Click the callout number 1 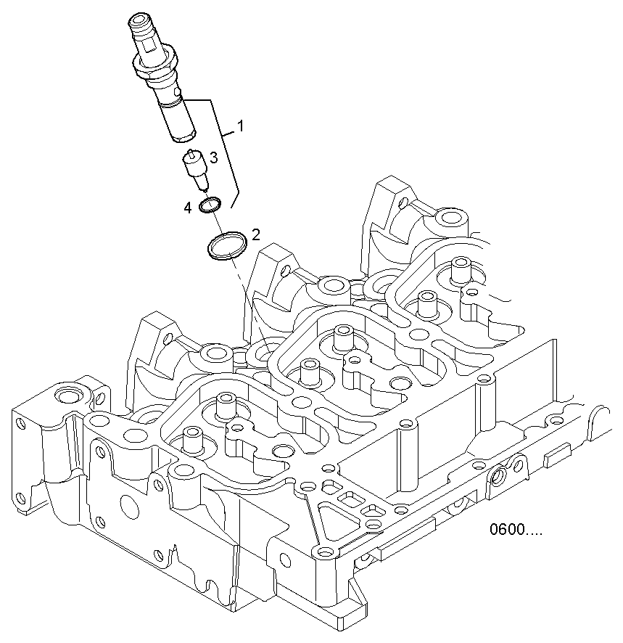pos(240,126)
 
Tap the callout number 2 pos(255,234)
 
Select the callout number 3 pos(214,156)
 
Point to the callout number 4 pos(188,208)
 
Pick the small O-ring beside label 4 pos(210,205)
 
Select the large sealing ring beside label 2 pos(226,245)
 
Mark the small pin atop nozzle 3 pos(191,153)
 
